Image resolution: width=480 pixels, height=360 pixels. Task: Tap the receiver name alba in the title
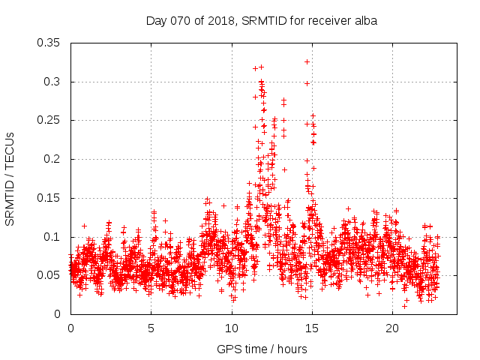(x=364, y=20)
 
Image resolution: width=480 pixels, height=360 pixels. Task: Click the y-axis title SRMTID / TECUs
(x=10, y=178)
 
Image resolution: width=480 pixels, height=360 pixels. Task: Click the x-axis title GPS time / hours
(x=262, y=349)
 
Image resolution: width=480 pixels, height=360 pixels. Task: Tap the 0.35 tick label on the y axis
(x=49, y=43)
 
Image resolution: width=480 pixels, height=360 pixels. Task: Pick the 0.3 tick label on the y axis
(x=52, y=82)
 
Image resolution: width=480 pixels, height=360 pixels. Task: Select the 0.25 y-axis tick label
(x=49, y=120)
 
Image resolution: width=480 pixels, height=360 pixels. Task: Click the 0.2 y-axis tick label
(x=52, y=159)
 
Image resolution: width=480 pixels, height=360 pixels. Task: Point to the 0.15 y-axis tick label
(x=49, y=198)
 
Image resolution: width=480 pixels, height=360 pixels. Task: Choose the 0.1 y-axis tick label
(x=52, y=236)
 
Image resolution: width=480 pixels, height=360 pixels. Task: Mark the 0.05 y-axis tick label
(x=49, y=275)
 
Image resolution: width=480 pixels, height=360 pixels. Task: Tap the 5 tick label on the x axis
(x=151, y=328)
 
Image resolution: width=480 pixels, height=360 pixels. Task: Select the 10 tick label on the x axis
(x=231, y=328)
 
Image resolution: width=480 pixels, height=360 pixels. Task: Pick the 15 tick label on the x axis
(x=311, y=328)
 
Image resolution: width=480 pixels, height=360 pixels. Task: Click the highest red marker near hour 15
(x=307, y=61)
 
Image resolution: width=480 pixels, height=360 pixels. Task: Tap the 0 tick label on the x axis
(x=70, y=328)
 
